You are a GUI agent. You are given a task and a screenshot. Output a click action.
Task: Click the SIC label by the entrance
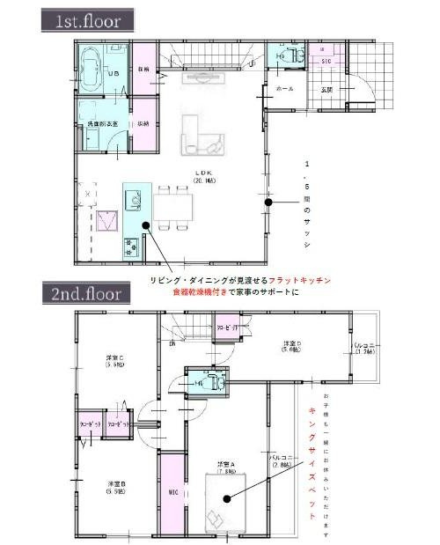point(324,61)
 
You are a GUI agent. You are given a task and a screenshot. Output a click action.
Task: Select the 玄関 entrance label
point(326,88)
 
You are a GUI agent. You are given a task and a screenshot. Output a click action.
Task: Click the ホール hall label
point(285,89)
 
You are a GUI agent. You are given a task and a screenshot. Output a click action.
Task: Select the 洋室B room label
point(114,487)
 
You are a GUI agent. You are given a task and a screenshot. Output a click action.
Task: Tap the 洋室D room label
point(295,346)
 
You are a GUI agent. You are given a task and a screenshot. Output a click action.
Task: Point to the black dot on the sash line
point(268,203)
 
